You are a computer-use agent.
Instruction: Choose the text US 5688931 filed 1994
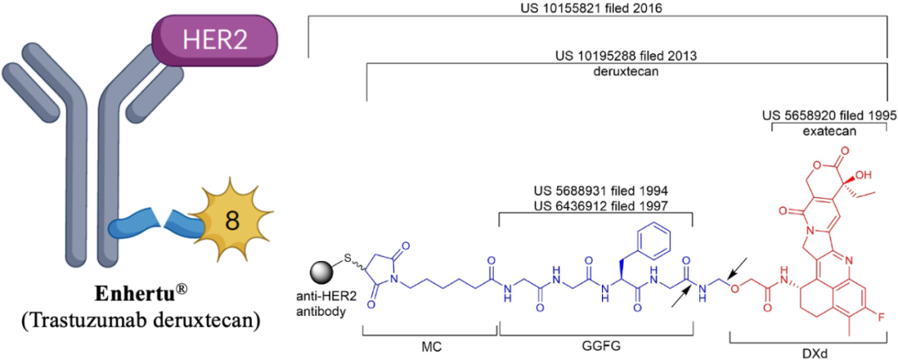(596, 190)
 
